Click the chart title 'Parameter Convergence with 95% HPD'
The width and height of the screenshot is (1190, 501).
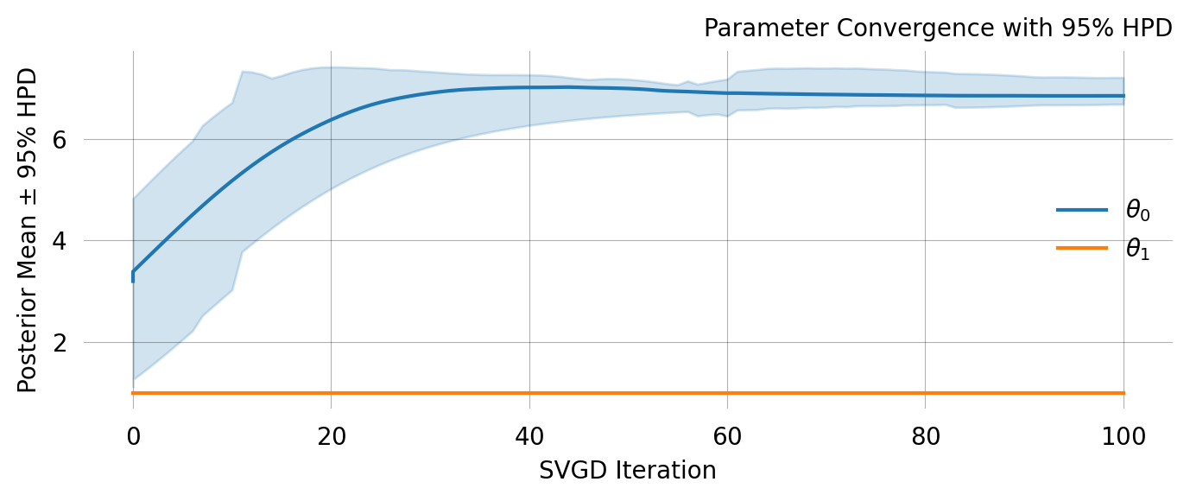937,29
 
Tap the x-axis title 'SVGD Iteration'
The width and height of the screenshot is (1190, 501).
627,471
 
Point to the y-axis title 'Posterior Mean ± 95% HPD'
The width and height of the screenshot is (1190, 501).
28,229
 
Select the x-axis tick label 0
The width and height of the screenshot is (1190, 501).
133,437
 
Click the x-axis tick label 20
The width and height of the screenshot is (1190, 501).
331,437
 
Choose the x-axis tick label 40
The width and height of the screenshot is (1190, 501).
529,437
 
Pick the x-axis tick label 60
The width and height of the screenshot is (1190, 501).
727,437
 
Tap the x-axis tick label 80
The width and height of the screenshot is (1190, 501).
925,437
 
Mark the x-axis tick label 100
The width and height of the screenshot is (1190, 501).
1123,437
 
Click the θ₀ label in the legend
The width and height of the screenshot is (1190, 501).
1137,210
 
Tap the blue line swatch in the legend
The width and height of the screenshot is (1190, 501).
1081,210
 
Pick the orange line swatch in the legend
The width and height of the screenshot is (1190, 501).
1081,248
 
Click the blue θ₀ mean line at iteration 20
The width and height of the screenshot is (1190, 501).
331,119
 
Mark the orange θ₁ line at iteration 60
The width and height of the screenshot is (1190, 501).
727,393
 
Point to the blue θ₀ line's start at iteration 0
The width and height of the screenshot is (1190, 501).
133,273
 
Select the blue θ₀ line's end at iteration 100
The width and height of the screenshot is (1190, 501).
1123,96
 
